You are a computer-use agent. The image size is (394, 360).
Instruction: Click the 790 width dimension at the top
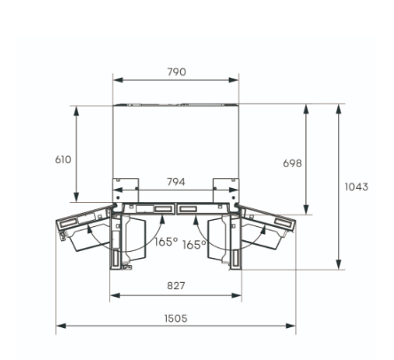177,72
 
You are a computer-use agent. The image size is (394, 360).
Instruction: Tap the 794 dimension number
176,182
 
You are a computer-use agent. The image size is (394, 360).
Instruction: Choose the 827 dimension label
176,287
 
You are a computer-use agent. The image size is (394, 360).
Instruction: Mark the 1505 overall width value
176,317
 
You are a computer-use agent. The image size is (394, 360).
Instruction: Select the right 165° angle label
193,246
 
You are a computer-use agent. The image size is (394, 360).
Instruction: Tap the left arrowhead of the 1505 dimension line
59,325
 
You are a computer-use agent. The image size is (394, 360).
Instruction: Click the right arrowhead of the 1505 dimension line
294,325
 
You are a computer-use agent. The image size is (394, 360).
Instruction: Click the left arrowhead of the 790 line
115,80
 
